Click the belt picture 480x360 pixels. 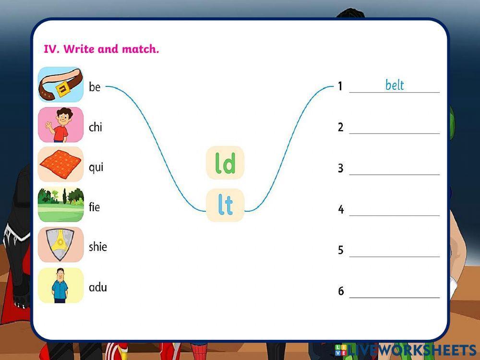click(60, 84)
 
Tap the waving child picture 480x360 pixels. click(60, 125)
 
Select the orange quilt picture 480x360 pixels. click(60, 165)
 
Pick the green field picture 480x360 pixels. click(60, 204)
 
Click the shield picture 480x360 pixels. click(60, 245)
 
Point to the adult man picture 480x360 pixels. click(60, 285)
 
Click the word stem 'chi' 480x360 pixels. click(95, 127)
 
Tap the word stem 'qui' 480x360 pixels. click(96, 168)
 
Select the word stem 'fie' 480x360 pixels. click(94, 207)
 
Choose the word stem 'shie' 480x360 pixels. click(97, 247)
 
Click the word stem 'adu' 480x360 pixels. click(97, 288)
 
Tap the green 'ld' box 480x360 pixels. click(225, 163)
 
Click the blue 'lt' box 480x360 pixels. click(225, 205)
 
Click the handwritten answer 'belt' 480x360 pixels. click(395, 85)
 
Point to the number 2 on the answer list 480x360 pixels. click(341, 127)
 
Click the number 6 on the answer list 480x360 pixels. click(341, 291)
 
